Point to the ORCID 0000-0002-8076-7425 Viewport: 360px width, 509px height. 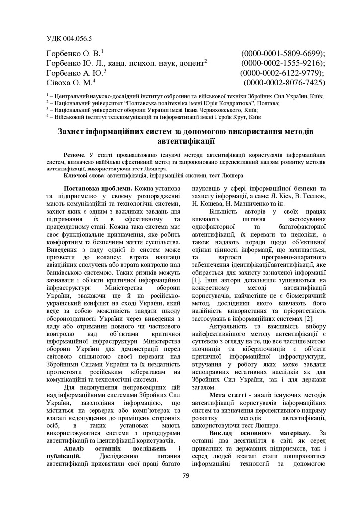(284, 83)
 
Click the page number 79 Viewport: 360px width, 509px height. (186, 476)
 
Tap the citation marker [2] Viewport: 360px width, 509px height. (308, 318)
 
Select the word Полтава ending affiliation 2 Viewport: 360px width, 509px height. (269, 103)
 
